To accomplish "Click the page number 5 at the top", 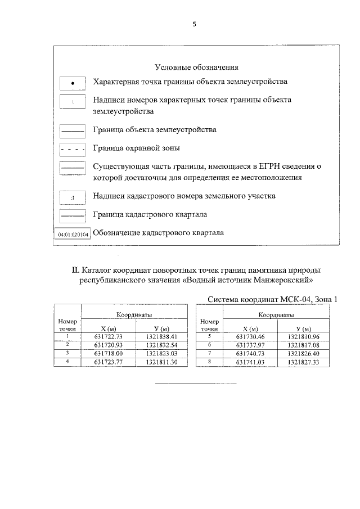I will [x=194, y=24].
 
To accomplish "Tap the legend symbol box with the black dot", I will [x=73, y=83].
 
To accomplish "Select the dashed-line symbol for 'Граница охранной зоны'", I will [x=73, y=150].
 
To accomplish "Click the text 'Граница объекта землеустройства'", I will [x=155, y=130].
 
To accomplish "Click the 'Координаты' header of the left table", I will [x=135, y=316].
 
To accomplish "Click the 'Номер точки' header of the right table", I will [x=209, y=325].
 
